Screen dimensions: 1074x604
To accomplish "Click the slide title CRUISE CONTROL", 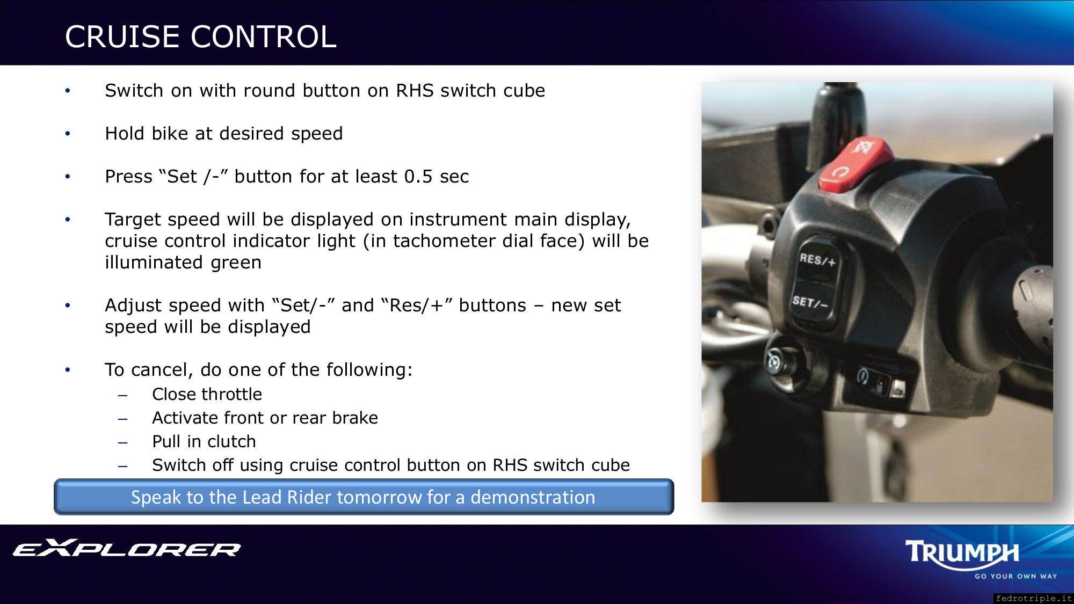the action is [201, 37].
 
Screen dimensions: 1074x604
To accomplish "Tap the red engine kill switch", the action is [856, 163].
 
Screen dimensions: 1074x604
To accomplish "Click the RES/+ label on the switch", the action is [817, 260].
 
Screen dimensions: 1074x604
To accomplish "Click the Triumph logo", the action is [962, 552].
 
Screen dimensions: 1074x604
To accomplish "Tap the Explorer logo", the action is [127, 548].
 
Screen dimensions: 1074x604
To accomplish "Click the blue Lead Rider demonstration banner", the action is [364, 497].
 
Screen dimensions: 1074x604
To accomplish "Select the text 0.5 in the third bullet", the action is [418, 177].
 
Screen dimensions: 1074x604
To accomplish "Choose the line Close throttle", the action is [207, 395].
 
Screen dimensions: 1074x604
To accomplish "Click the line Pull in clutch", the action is [204, 442].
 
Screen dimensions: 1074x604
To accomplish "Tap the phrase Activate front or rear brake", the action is [265, 418].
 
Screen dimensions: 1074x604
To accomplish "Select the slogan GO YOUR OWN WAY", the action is [1016, 576].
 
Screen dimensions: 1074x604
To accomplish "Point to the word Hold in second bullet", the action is [125, 134].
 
